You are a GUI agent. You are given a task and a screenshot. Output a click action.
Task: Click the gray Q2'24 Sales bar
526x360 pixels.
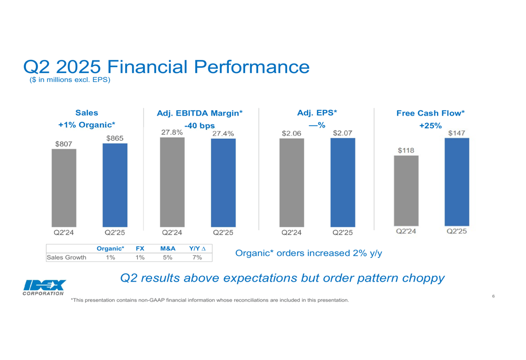click(64, 188)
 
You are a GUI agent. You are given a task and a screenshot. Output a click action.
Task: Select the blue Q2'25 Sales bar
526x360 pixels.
click(115, 185)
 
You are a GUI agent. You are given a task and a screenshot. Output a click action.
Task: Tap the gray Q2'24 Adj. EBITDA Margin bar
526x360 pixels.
click(172, 182)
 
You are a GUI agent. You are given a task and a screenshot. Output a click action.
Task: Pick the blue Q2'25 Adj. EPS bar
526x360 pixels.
click(342, 182)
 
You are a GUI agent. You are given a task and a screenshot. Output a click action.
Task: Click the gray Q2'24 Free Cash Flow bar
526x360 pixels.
click(406, 191)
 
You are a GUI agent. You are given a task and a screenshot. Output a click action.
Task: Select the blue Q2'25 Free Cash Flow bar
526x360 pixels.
click(457, 182)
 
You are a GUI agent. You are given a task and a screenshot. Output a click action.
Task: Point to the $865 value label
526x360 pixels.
click(115, 138)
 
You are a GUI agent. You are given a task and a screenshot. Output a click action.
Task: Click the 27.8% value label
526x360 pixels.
click(171, 132)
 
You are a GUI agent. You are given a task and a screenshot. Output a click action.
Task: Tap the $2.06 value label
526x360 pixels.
click(291, 133)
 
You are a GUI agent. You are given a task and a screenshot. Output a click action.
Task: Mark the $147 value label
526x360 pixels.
click(457, 133)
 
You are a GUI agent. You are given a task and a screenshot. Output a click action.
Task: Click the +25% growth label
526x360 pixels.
click(430, 126)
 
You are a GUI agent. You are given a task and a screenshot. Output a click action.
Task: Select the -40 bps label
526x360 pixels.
click(199, 126)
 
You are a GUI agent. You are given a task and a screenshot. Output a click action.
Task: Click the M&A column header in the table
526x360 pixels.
click(168, 248)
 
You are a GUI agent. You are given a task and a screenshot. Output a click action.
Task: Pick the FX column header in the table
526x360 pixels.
click(140, 248)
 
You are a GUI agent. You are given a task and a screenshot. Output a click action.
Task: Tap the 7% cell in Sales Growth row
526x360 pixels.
click(197, 258)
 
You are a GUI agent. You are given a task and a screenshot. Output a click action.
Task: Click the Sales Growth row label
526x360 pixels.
click(66, 258)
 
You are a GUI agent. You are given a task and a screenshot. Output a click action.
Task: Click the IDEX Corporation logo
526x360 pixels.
click(44, 288)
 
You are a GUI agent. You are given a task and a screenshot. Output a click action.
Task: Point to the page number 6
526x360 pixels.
click(493, 297)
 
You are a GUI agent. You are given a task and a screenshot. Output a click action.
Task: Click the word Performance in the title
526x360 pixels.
click(251, 67)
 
